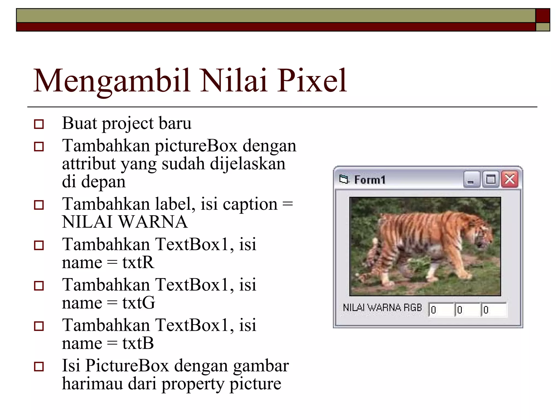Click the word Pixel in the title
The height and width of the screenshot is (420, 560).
point(312,81)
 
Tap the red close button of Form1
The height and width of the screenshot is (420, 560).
point(510,180)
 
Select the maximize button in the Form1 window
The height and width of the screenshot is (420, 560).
point(491,180)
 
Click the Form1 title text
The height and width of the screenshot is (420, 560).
point(370,180)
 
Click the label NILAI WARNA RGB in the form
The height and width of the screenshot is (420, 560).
point(382,308)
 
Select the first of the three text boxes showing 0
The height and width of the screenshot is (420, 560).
point(441,310)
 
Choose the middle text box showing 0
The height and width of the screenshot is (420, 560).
point(467,310)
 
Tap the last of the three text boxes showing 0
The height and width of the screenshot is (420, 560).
point(494,310)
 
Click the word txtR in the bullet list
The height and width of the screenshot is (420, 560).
point(138,262)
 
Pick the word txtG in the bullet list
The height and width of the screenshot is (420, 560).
point(139,303)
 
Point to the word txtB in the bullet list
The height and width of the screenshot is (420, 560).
point(138,343)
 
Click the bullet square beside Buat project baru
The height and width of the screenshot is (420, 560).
point(39,124)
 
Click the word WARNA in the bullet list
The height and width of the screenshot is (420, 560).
point(153,222)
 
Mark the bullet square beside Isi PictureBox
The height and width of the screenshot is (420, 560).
point(39,366)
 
